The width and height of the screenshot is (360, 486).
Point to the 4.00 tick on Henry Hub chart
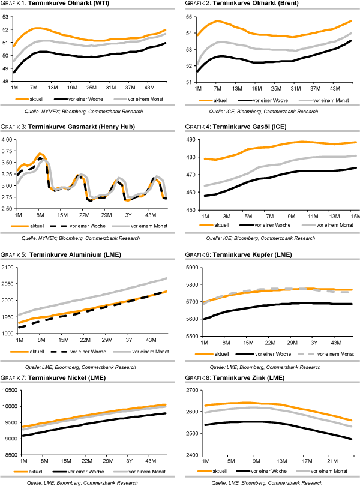[8, 139]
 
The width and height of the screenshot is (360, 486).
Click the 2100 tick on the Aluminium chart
[8, 267]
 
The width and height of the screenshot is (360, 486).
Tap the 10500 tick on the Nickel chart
[10, 390]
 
